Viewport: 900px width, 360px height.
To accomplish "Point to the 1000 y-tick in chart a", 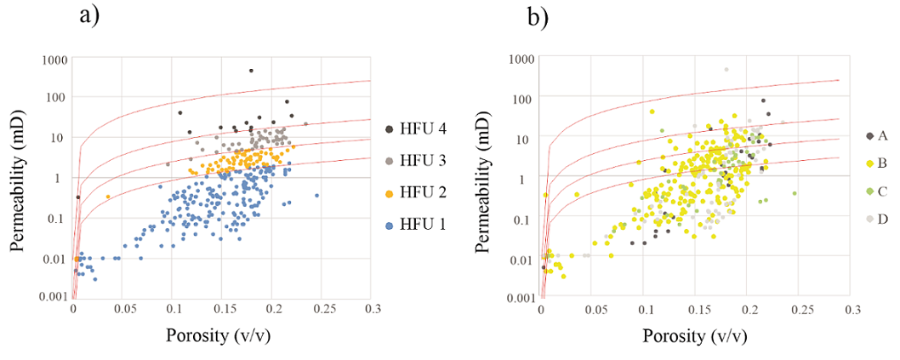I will point(53,60).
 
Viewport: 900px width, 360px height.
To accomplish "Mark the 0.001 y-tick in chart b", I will point(521,298).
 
